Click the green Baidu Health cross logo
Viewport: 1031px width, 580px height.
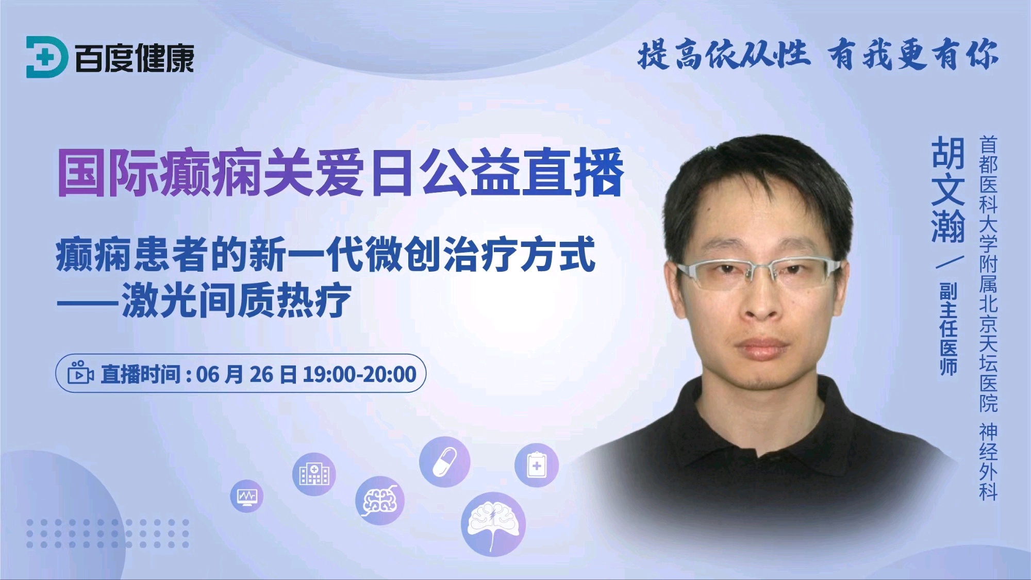[46, 57]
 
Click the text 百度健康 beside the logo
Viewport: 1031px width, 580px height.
[135, 58]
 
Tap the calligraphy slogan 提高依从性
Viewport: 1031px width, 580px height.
[724, 55]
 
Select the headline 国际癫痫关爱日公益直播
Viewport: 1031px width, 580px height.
[341, 173]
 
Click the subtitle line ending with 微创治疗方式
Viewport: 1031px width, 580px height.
[326, 254]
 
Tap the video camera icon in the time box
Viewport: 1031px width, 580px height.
[80, 372]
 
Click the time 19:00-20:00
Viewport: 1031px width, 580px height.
[360, 374]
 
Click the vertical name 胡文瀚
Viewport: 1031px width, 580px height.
[947, 190]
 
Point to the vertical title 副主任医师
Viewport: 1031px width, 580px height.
[948, 328]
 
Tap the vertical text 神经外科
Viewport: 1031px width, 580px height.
[988, 461]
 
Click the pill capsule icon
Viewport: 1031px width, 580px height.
[444, 462]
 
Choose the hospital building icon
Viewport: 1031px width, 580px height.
[314, 474]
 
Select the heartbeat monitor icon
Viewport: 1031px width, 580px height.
[247, 496]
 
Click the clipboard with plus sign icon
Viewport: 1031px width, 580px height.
[536, 465]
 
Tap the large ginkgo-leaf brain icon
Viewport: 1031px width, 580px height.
[493, 524]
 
